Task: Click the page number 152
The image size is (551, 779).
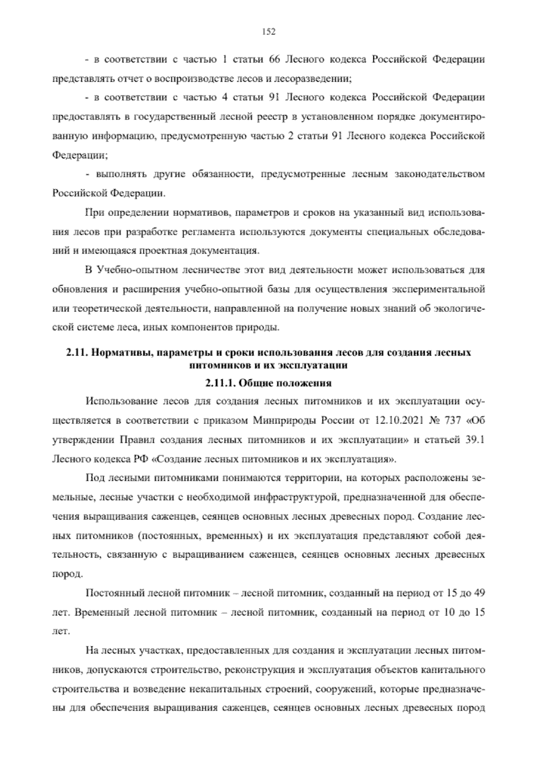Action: tap(268, 31)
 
